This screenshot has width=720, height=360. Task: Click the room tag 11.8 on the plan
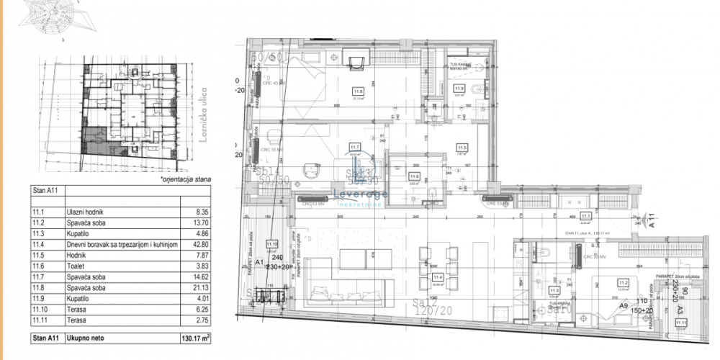coord(358,91)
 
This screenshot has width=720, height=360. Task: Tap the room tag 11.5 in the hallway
coord(462,148)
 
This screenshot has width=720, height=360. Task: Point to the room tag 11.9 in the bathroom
coord(469,88)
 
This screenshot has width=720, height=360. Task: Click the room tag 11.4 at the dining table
coord(437,276)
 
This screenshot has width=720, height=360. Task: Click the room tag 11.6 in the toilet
coord(413,176)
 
